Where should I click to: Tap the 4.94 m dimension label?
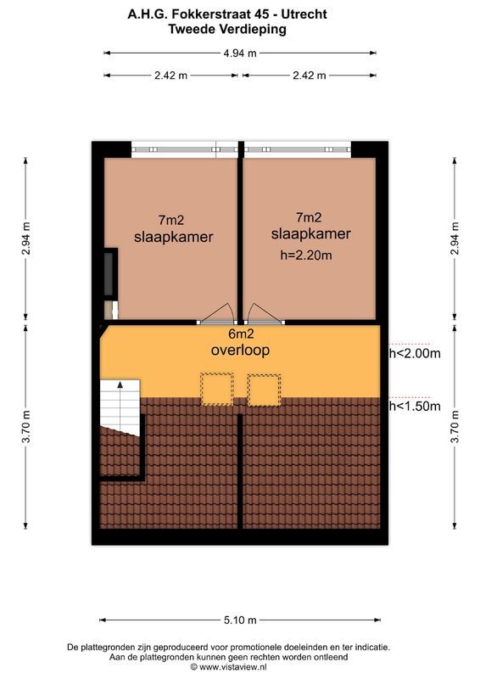click(240, 53)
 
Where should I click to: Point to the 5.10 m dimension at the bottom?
click(240, 619)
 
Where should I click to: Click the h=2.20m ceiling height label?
click(307, 254)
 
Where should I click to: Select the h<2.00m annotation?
click(415, 354)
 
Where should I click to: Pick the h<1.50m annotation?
click(415, 407)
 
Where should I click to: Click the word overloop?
click(240, 350)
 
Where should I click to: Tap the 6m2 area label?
click(240, 334)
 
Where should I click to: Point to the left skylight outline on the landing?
click(215, 388)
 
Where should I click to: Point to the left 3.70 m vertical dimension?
click(26, 428)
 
